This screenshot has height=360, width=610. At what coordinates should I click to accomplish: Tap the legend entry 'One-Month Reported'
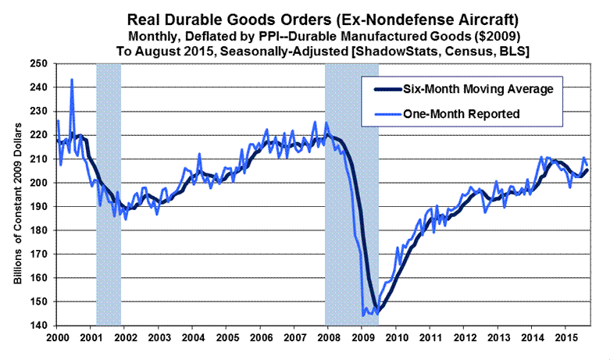(462, 113)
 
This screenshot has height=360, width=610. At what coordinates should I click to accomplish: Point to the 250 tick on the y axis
(38, 64)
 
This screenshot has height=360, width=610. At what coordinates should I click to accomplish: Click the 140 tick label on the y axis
(38, 325)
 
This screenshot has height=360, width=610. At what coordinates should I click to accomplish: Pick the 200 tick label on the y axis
(38, 183)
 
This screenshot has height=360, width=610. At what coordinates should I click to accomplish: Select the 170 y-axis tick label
(38, 254)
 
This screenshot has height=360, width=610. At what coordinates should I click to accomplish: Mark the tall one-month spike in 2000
(72, 80)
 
